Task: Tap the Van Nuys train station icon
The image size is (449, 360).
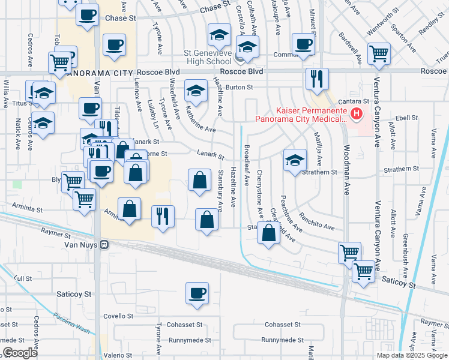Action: tap(104, 245)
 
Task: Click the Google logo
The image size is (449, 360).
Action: tap(20, 353)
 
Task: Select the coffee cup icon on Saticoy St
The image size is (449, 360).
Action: tap(197, 294)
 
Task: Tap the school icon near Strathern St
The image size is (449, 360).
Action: tap(294, 160)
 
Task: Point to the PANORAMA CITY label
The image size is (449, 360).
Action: tap(98, 73)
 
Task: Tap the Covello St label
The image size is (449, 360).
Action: tap(118, 316)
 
